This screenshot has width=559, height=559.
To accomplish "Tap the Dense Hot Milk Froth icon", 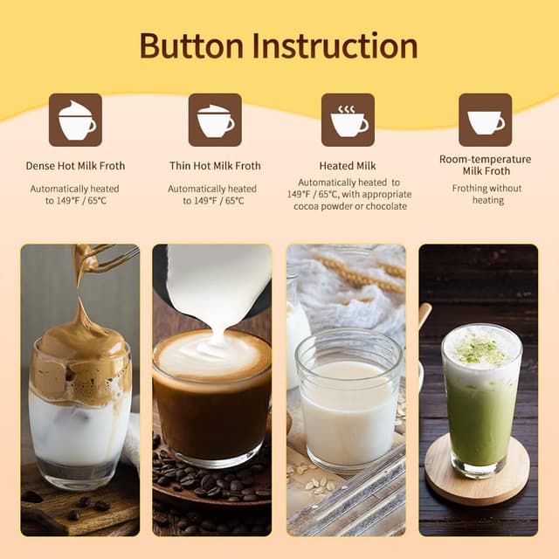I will pyautogui.click(x=75, y=120).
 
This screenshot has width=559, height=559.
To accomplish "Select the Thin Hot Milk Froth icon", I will pyautogui.click(x=215, y=120).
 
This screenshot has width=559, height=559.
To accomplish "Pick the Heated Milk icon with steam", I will pyautogui.click(x=348, y=120).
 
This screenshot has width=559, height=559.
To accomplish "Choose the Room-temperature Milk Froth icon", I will pyautogui.click(x=485, y=120).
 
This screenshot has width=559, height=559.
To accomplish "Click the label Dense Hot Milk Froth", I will pyautogui.click(x=75, y=166).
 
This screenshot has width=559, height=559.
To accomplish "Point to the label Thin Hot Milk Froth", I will pyautogui.click(x=215, y=166).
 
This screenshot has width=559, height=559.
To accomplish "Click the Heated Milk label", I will pyautogui.click(x=348, y=166).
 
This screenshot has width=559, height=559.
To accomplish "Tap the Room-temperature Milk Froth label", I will pyautogui.click(x=485, y=165).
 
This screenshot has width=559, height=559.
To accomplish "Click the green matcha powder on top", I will pyautogui.click(x=481, y=349).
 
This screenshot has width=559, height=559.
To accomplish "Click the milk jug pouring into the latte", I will pyautogui.click(x=214, y=279).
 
